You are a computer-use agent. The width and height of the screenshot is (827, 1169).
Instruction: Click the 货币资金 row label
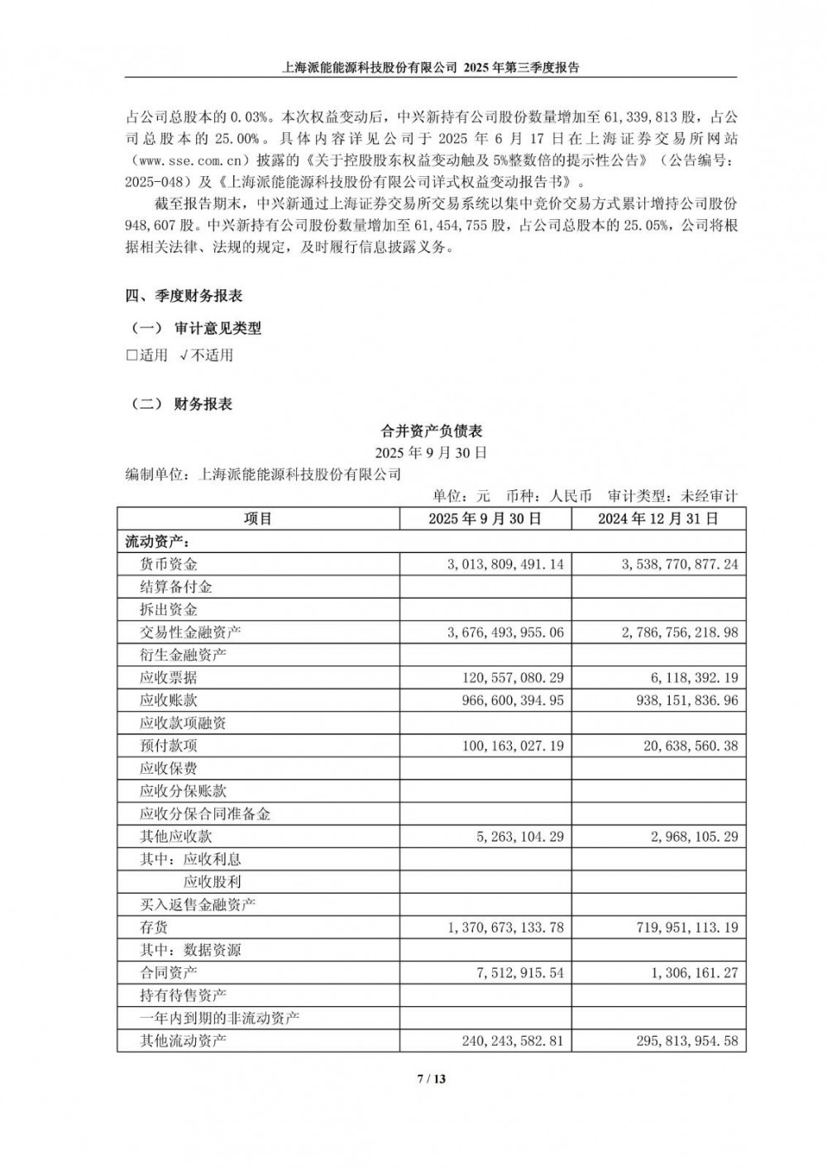[169, 565]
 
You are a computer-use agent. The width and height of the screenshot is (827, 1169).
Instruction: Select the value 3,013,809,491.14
[505, 565]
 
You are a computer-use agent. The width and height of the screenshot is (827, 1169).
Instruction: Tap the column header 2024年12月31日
[658, 519]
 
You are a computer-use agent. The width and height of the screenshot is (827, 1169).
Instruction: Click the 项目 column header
[258, 519]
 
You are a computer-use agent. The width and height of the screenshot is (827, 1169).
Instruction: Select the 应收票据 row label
[169, 678]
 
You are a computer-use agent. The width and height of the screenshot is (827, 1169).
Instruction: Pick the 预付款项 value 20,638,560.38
[686, 746]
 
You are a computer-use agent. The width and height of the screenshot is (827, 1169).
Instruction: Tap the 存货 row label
[154, 928]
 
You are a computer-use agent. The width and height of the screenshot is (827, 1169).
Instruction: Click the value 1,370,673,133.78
[505, 928]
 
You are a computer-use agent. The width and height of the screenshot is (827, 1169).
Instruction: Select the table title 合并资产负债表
[431, 431]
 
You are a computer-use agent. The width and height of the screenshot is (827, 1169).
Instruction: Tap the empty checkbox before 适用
[131, 355]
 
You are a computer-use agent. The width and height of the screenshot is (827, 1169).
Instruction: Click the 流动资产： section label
[155, 542]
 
